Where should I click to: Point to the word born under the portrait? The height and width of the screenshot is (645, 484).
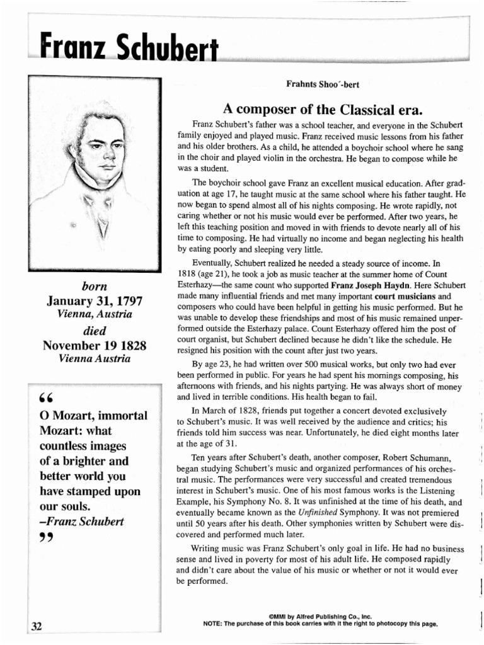pos(94,287)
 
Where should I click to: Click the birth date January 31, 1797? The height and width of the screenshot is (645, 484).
pos(94,301)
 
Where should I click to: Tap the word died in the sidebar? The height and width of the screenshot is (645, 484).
pos(94,331)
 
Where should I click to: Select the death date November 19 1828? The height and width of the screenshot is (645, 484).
pos(94,345)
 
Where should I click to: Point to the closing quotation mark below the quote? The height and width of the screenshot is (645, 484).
pos(45,537)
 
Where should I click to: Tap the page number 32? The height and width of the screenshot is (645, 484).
pos(37,625)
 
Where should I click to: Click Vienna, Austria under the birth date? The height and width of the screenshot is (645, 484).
pos(94,314)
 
